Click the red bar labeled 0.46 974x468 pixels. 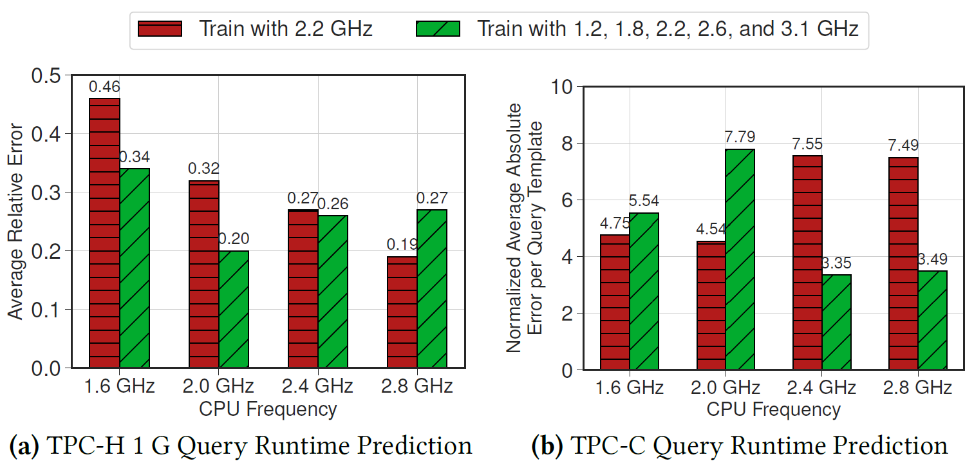point(104,232)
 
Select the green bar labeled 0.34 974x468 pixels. point(135,268)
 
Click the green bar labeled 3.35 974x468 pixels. point(836,322)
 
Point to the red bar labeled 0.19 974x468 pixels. point(402,312)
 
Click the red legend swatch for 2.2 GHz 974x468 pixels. point(160,29)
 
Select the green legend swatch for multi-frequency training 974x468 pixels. point(438,29)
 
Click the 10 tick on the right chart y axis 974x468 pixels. point(559,86)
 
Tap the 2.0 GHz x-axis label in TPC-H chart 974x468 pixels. point(218,386)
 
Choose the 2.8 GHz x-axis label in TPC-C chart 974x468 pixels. point(918,388)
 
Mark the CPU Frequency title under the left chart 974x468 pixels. point(268,408)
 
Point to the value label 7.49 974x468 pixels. point(903,146)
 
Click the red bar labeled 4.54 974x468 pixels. point(711,305)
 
